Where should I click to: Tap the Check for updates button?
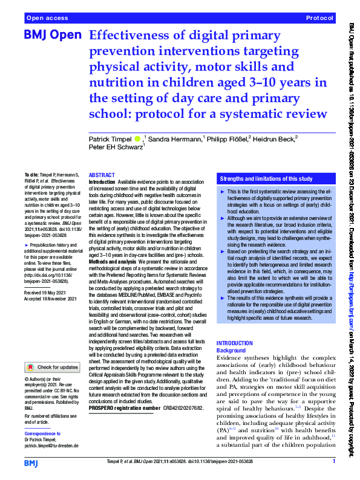coord(53,367)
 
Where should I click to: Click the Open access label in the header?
coord(45,19)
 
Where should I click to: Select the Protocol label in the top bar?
coord(321,19)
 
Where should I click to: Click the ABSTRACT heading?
coord(102,174)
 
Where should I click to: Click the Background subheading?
coord(231,351)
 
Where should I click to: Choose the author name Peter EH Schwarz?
coord(116,147)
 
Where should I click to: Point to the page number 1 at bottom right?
coord(333,462)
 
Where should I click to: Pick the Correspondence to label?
coord(43,417)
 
